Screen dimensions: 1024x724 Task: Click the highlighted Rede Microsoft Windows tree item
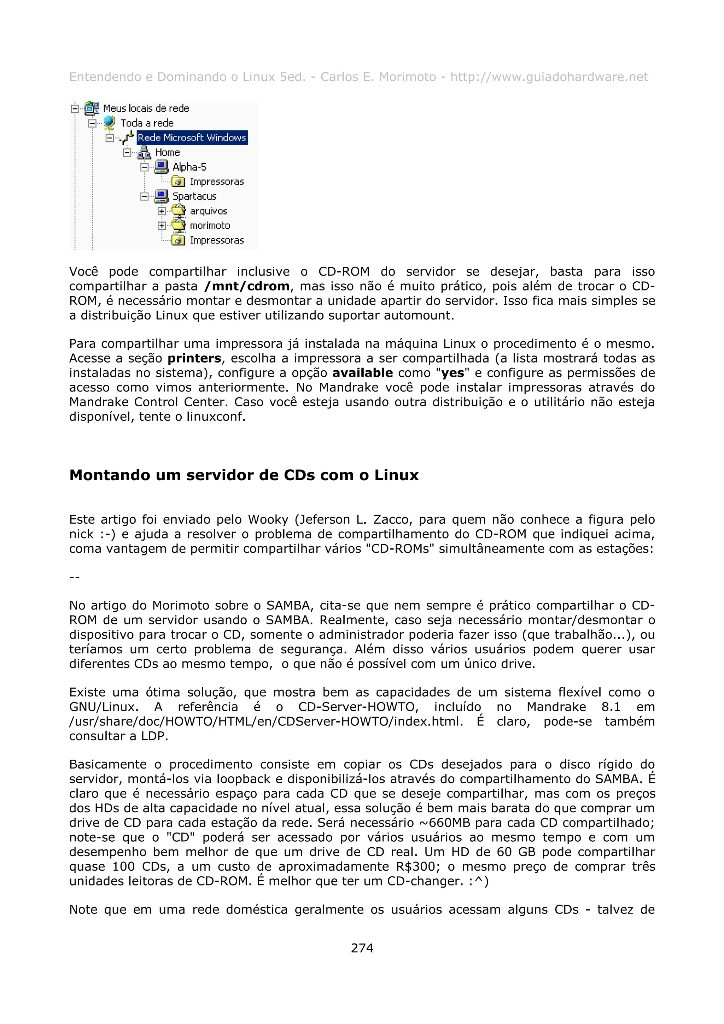click(x=192, y=137)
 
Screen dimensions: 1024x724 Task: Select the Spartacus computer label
click(x=194, y=196)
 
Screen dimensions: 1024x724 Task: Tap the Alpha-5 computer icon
click(x=162, y=167)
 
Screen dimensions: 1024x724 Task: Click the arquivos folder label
click(x=208, y=211)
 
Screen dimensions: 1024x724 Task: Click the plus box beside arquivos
click(x=162, y=211)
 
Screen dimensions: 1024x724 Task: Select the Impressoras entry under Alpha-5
click(x=216, y=182)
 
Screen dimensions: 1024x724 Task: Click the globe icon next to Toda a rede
click(x=109, y=123)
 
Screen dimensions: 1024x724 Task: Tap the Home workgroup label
click(x=167, y=152)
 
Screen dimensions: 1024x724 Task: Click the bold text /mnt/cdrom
click(x=247, y=286)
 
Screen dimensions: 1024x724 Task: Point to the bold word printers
click(x=194, y=358)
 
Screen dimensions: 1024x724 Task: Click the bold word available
click(x=362, y=373)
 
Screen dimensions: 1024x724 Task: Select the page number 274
click(x=362, y=948)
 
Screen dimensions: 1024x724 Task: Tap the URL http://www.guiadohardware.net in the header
click(x=549, y=77)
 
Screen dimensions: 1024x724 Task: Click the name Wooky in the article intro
click(x=268, y=519)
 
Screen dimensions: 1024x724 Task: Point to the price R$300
click(x=415, y=866)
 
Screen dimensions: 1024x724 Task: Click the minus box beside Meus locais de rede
click(x=75, y=108)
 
